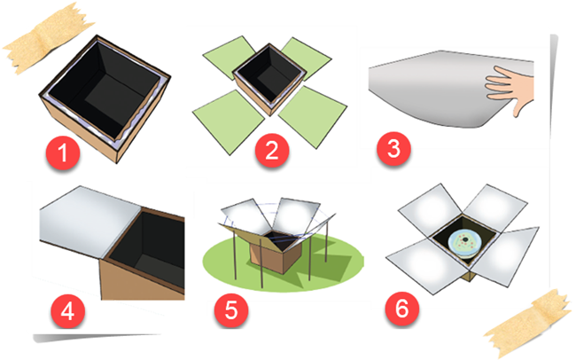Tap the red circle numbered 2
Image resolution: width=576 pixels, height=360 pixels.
coord(272,150)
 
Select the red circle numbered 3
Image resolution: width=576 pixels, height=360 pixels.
coord(393,149)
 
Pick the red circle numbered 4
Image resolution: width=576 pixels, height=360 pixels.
coord(67,311)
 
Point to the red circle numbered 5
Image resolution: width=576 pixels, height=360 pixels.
coord(231,309)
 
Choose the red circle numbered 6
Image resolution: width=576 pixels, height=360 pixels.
coord(402,309)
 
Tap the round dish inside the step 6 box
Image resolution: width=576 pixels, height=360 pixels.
coord(464,242)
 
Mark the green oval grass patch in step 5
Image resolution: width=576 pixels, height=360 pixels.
coord(283,262)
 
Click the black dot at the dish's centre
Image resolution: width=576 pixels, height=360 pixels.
coord(465,239)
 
